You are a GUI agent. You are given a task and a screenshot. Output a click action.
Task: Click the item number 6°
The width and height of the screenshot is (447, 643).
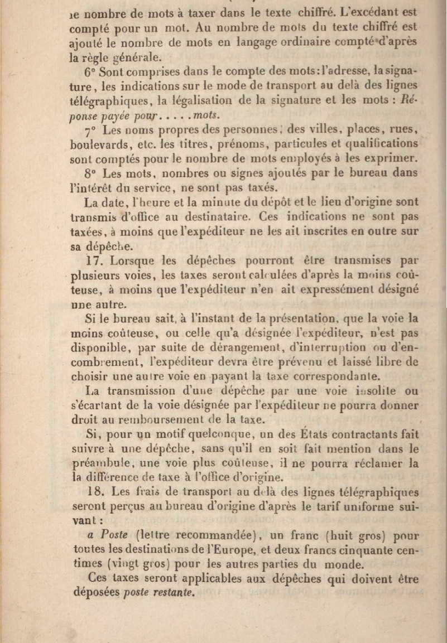(x=91, y=72)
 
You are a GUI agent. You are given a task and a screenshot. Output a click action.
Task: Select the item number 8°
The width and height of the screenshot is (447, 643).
(x=91, y=173)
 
